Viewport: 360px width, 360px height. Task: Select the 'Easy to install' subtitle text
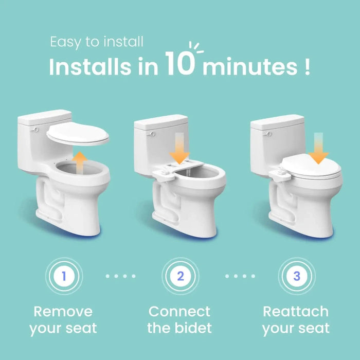pos(97,42)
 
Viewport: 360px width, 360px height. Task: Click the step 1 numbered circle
pos(63,276)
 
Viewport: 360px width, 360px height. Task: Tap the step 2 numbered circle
pos(180,276)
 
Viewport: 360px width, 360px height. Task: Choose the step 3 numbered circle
pos(296,276)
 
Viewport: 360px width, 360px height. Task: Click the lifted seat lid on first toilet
pos(78,135)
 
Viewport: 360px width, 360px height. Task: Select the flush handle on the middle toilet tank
pos(152,135)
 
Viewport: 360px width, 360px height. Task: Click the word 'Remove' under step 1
pos(63,312)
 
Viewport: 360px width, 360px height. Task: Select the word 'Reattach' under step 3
pos(296,312)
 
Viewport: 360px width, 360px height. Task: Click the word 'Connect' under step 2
pos(179,312)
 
